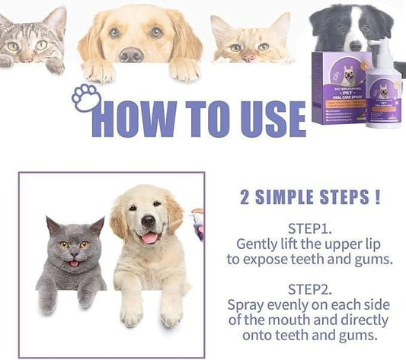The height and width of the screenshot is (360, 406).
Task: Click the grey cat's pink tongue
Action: [73, 263]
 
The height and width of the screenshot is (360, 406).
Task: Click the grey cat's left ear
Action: [53, 226]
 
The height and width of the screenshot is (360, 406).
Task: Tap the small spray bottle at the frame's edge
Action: [199, 224]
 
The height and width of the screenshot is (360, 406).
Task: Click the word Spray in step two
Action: [248, 304]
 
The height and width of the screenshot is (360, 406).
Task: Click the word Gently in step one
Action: [258, 244]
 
